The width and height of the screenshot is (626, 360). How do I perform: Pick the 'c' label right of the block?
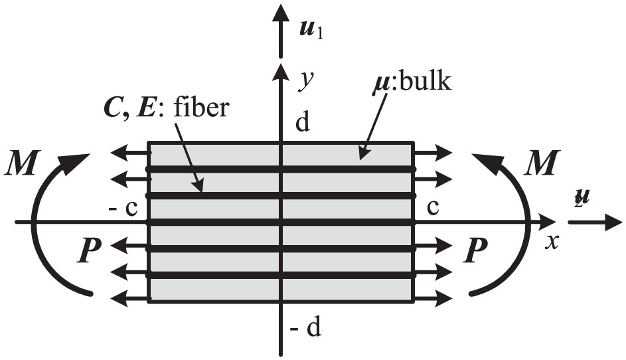coord(433,208)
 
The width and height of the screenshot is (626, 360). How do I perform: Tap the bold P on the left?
coord(89,250)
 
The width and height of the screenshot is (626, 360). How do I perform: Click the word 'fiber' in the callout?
coord(202,107)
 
